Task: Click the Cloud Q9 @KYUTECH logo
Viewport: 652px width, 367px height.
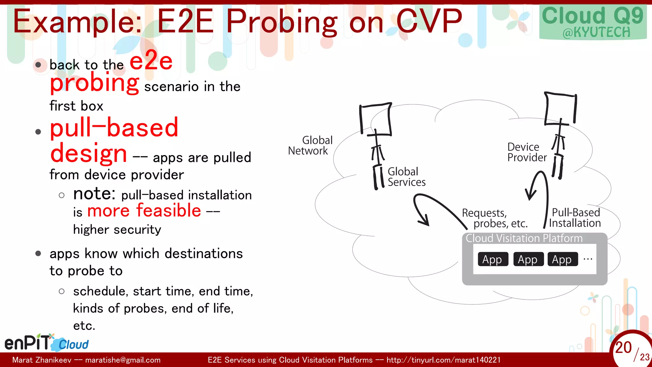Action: pos(593,22)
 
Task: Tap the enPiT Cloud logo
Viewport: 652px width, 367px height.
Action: pos(46,343)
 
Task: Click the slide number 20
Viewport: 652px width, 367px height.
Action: pos(623,347)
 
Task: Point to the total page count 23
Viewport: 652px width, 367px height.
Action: pos(644,357)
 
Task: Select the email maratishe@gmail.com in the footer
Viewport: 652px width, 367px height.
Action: pos(123,360)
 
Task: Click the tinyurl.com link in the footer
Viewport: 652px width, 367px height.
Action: pos(443,360)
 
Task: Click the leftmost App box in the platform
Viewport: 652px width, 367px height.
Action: pos(492,259)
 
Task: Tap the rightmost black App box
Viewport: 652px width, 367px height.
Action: pos(562,259)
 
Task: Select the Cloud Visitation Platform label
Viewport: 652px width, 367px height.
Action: pos(524,238)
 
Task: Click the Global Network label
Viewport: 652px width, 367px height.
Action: pos(310,145)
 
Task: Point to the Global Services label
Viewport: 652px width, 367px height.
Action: pos(406,177)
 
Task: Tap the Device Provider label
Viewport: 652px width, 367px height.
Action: pos(527,152)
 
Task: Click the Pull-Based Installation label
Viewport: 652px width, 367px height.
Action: pos(575,218)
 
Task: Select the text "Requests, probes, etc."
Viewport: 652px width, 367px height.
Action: pos(494,218)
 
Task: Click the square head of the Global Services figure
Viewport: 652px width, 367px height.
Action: pos(376,119)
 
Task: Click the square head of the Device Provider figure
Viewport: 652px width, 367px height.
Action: pos(560,108)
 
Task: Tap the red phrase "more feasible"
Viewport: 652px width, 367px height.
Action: pos(144,211)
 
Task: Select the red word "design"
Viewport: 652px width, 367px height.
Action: pos(89,153)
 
